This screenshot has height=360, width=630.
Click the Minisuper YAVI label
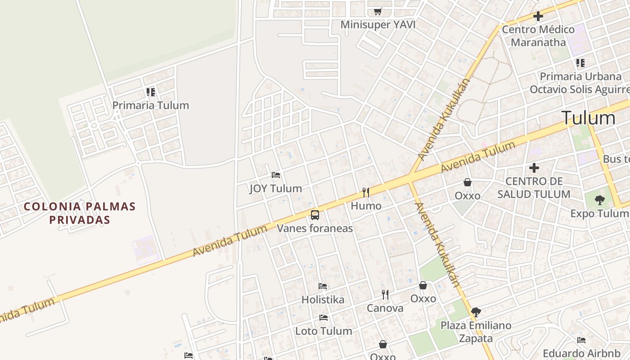(x=378, y=24)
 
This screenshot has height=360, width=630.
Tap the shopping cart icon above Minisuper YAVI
(x=378, y=11)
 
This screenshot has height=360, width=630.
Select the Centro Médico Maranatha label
(x=538, y=36)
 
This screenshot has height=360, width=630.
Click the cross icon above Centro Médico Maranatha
(x=538, y=17)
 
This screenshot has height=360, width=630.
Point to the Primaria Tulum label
(x=150, y=105)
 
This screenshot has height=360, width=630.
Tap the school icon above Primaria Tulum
(x=150, y=92)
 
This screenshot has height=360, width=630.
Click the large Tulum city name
(x=588, y=118)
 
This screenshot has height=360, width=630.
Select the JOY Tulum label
(x=276, y=188)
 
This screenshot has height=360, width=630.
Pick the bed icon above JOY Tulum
(x=276, y=175)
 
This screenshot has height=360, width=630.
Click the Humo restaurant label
(x=366, y=206)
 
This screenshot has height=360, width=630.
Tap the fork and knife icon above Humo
(x=366, y=193)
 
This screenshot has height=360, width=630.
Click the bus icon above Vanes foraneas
(x=315, y=215)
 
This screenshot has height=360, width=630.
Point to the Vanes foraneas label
(x=315, y=228)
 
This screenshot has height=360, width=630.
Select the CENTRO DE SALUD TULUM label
(x=534, y=188)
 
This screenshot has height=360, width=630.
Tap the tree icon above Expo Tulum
(x=599, y=200)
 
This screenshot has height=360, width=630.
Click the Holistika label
(x=323, y=299)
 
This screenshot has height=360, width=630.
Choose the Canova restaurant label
(x=385, y=308)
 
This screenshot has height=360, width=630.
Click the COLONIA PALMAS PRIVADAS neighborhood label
(x=80, y=213)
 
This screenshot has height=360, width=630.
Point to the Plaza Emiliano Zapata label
(x=476, y=332)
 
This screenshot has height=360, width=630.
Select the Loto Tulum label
(x=324, y=331)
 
